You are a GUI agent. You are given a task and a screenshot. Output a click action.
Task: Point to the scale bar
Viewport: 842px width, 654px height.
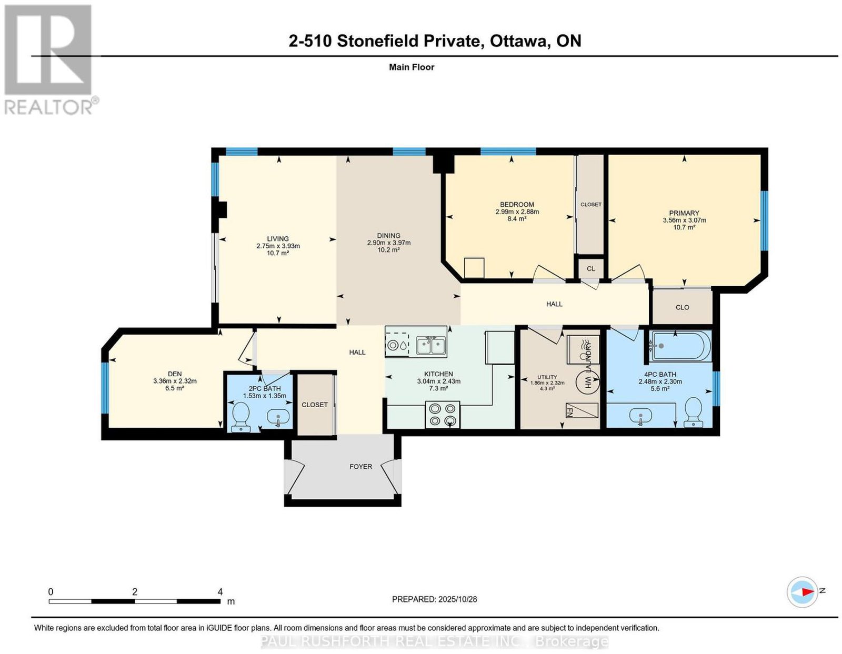pyautogui.click(x=134, y=601)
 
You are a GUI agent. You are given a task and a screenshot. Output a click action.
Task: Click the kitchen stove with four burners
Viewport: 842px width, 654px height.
pyautogui.click(x=443, y=415)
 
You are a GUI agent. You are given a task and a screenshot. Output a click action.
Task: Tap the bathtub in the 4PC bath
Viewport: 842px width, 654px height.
pyautogui.click(x=681, y=346)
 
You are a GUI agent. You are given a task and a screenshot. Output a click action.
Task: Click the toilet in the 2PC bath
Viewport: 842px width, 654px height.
pyautogui.click(x=241, y=417)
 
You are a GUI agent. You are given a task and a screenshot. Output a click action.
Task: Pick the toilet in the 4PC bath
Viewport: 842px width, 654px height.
pyautogui.click(x=694, y=413)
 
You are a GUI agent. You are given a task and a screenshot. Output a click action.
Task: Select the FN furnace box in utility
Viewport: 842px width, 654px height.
pyautogui.click(x=582, y=411)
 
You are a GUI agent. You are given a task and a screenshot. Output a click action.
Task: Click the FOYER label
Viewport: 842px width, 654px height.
pyautogui.click(x=361, y=467)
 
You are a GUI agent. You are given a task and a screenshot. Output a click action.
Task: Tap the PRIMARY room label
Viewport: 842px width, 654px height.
pyautogui.click(x=684, y=213)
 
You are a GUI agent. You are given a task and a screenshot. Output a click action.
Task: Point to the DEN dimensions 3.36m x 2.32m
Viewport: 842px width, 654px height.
pyautogui.click(x=175, y=381)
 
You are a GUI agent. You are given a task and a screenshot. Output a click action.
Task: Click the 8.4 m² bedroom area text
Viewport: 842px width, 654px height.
pyautogui.click(x=517, y=219)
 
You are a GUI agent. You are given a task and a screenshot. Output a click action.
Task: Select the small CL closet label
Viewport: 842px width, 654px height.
pyautogui.click(x=591, y=269)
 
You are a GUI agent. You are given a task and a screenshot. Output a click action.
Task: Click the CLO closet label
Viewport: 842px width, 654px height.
pyautogui.click(x=683, y=307)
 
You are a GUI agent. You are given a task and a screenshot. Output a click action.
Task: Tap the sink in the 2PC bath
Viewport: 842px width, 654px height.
pyautogui.click(x=278, y=417)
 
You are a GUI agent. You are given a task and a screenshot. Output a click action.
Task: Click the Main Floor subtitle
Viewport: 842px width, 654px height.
pyautogui.click(x=412, y=67)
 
